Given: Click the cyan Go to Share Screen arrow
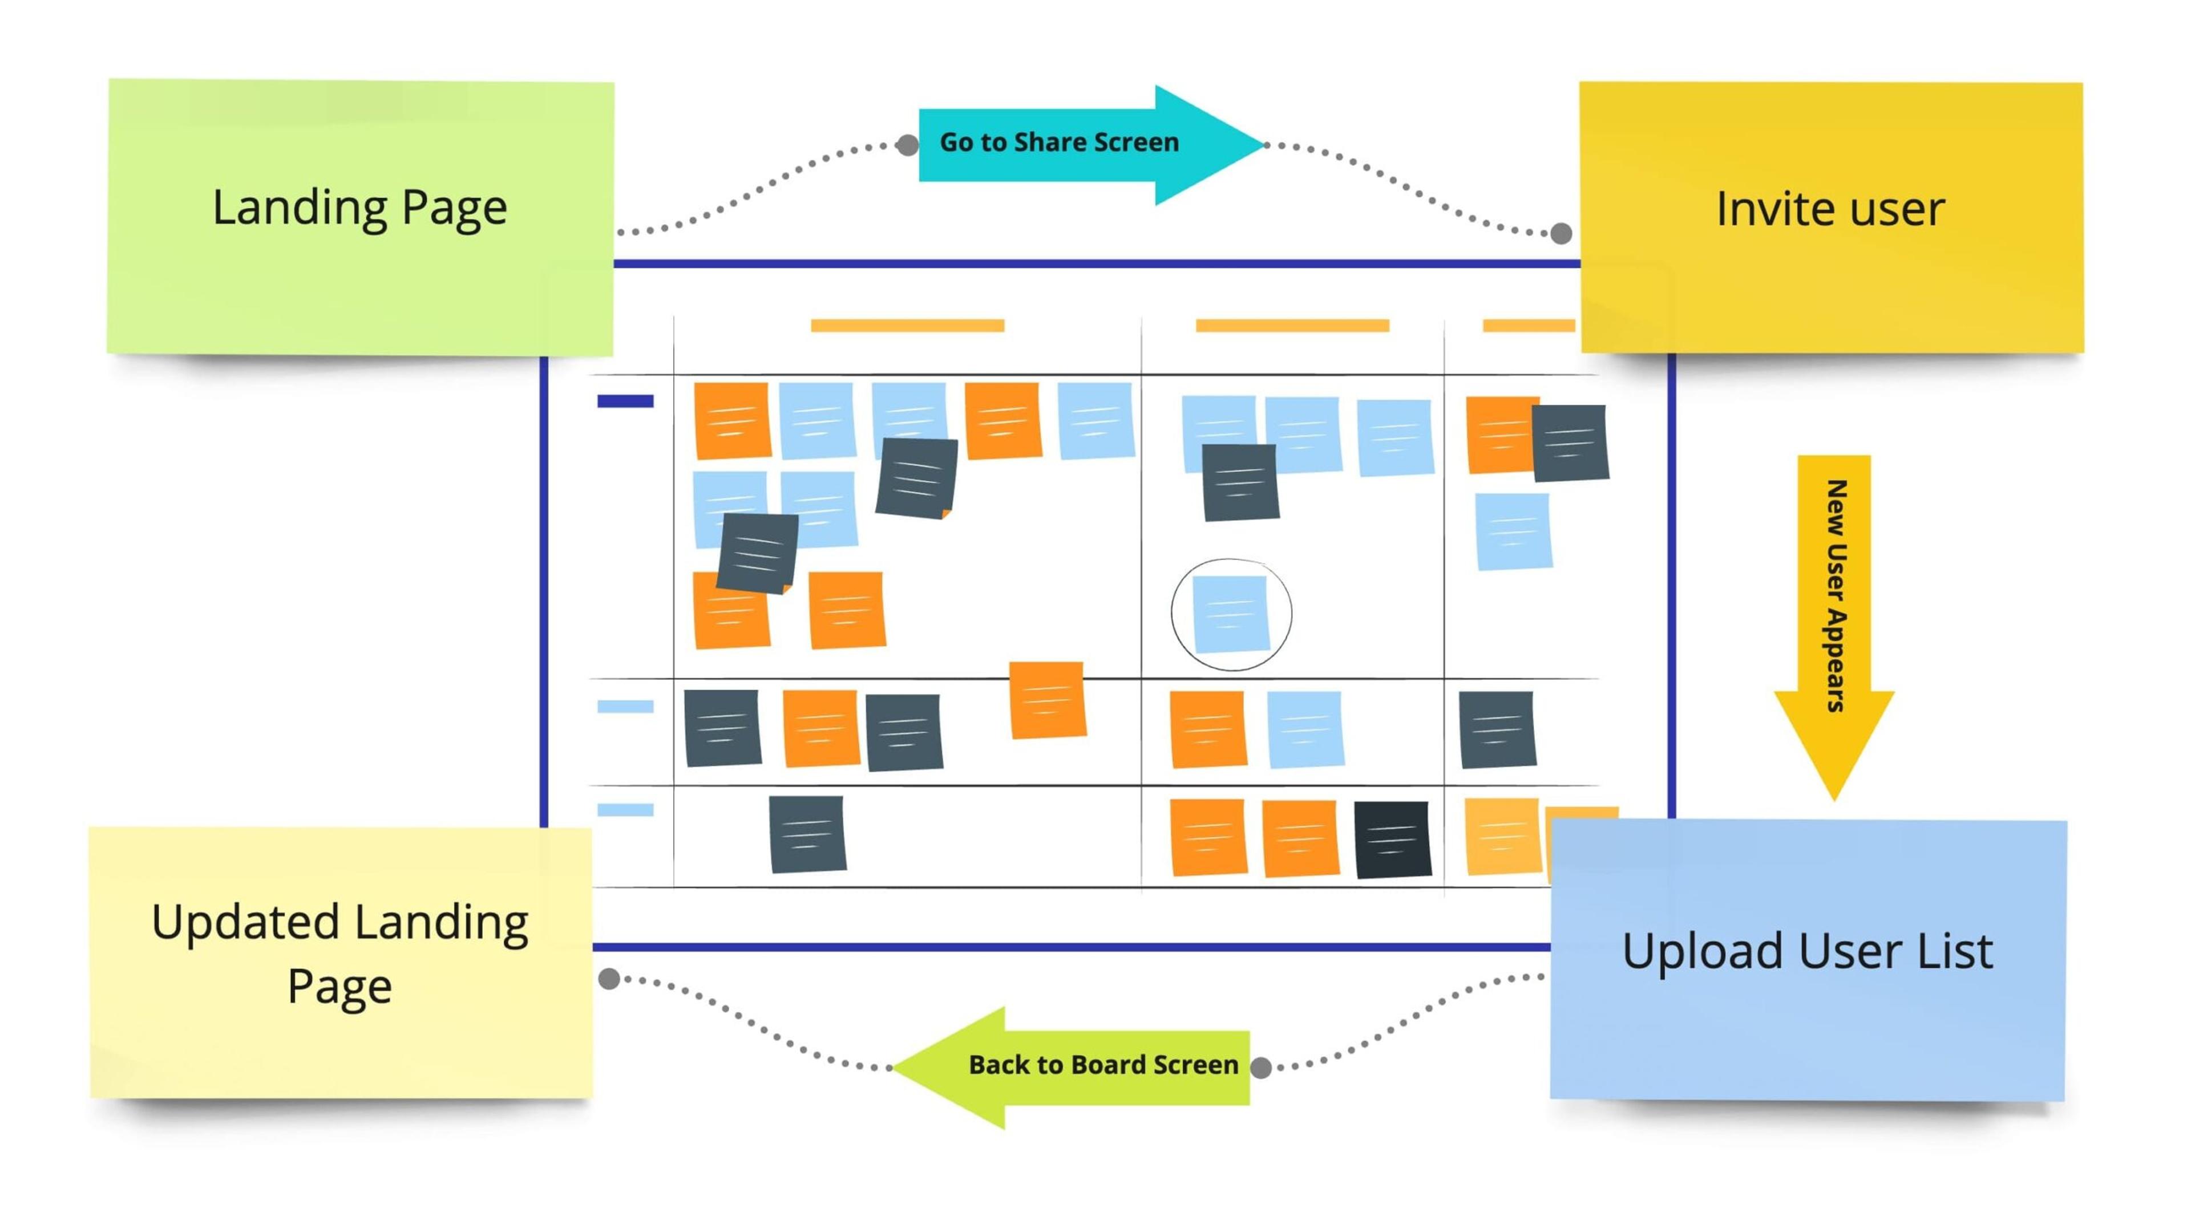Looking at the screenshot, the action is tap(1092, 144).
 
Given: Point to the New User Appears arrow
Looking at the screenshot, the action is tap(1834, 627).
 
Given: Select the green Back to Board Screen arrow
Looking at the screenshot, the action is tap(1070, 1067).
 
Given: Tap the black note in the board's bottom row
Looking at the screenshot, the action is tap(1392, 839).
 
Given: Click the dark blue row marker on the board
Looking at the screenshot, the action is tap(625, 400).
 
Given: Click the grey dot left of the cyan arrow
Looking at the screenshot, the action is tap(908, 145).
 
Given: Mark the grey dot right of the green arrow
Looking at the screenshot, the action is tap(1262, 1068).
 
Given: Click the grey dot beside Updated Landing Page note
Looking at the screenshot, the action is tap(609, 979).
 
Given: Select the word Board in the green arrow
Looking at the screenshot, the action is tap(1102, 1065).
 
